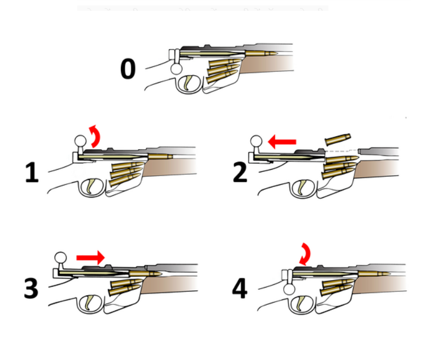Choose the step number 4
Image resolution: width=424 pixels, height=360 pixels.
coord(239,288)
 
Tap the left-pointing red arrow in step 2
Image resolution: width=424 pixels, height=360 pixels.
coord(282,142)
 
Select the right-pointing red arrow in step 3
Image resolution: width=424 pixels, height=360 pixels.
coord(90,258)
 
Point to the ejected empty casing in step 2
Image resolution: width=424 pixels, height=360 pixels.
coord(338,139)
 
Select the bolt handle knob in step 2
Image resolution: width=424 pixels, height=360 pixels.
coord(257,142)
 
